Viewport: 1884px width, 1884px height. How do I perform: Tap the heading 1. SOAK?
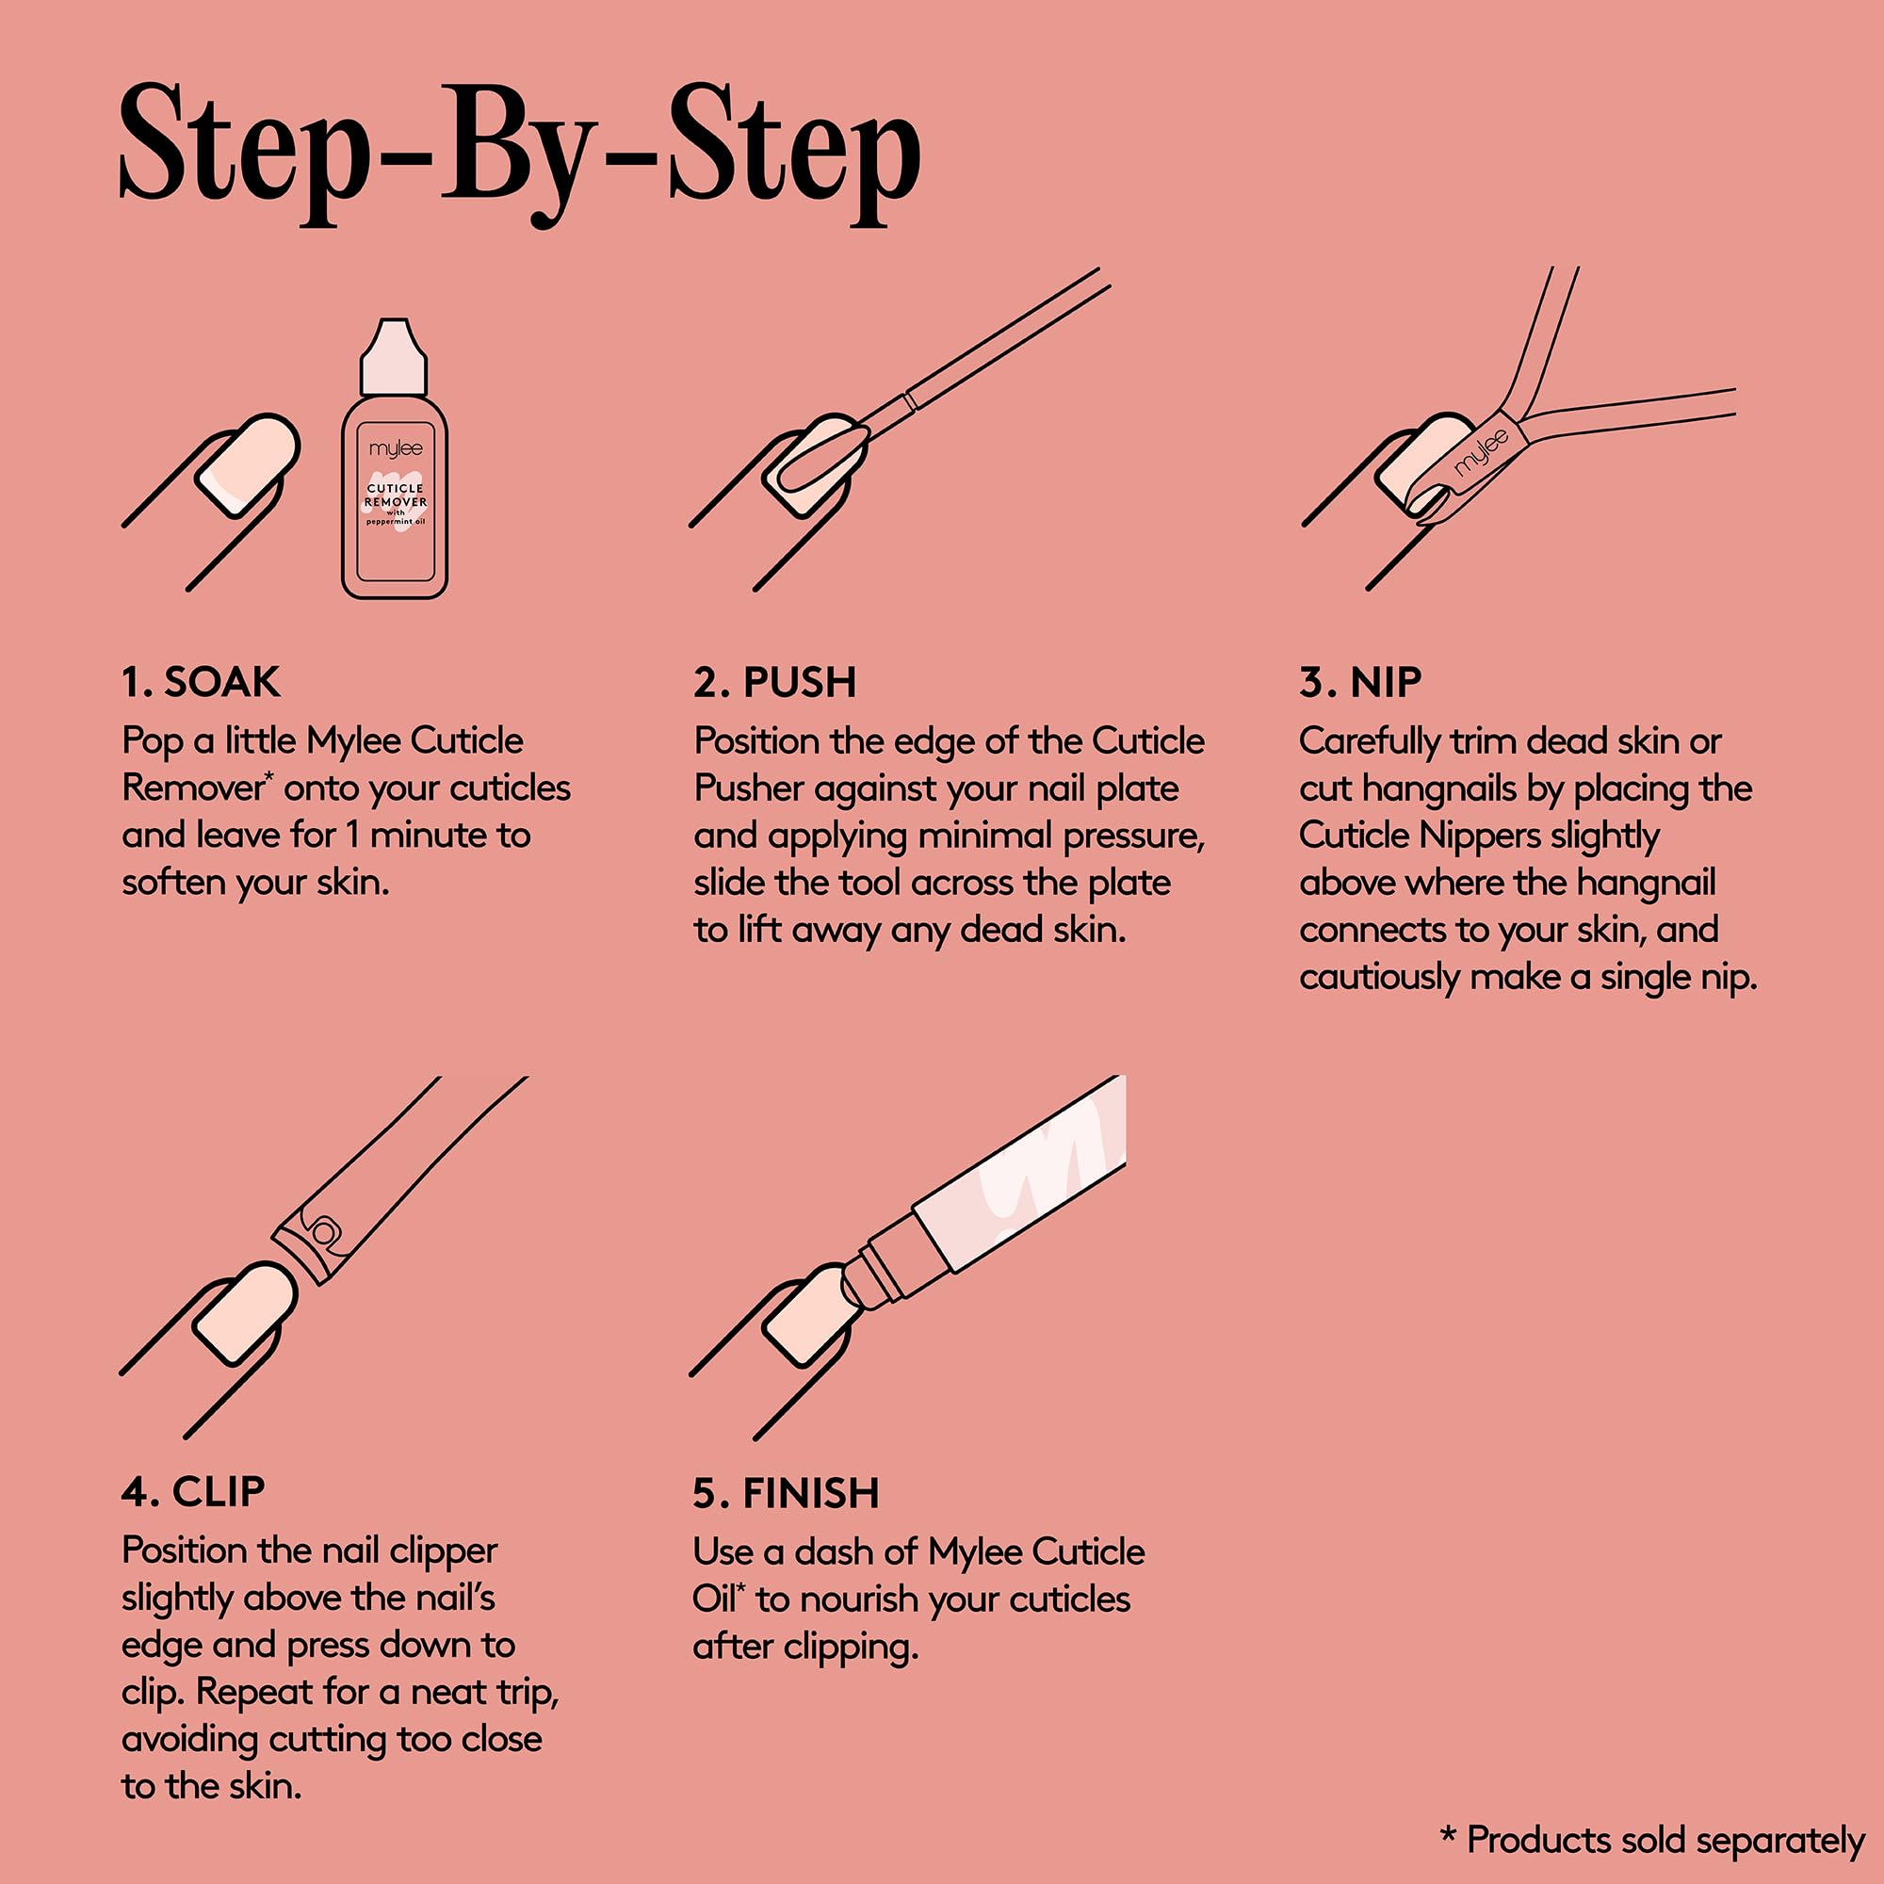(x=201, y=683)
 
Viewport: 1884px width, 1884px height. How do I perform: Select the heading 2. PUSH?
(x=775, y=683)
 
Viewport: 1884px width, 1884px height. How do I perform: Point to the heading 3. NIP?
(x=1360, y=683)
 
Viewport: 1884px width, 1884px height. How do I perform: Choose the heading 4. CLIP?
(x=193, y=1492)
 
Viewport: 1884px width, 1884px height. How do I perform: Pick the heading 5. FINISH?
(x=786, y=1493)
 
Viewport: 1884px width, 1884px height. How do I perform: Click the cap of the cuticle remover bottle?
(x=394, y=356)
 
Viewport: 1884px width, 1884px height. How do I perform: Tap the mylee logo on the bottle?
(x=396, y=449)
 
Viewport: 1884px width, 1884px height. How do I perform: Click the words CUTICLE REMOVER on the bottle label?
(x=396, y=495)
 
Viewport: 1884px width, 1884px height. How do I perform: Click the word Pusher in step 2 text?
(x=748, y=788)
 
